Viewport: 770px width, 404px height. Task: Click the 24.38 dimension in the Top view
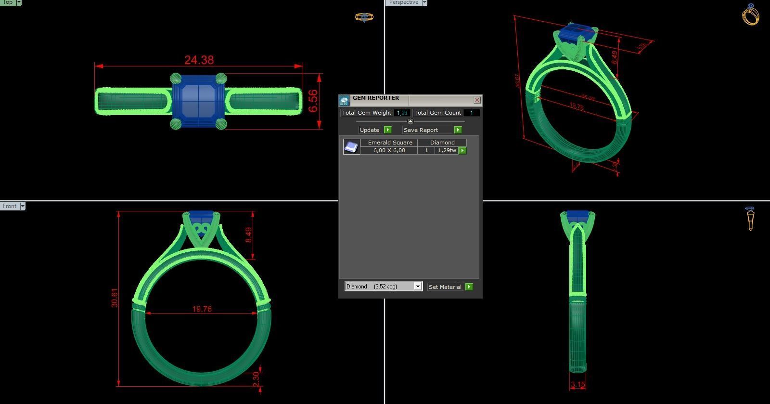point(199,60)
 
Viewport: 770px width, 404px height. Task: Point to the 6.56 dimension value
point(313,101)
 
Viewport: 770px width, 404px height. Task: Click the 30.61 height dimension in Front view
point(114,298)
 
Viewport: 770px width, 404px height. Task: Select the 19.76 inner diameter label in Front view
point(202,309)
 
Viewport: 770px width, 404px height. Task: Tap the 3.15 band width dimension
point(577,385)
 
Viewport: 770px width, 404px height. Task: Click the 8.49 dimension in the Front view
point(248,235)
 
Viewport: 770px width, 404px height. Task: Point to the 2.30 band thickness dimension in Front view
point(256,378)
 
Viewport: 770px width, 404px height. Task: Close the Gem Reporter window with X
point(477,100)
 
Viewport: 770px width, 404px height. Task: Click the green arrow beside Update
point(388,130)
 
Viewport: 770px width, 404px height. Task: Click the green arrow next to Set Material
point(469,287)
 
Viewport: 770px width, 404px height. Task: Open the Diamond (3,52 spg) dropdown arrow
point(418,287)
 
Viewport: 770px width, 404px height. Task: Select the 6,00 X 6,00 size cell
point(389,151)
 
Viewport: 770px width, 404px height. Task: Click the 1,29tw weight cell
point(447,151)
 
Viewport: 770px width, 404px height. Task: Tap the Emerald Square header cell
point(390,143)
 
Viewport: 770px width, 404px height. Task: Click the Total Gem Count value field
point(472,113)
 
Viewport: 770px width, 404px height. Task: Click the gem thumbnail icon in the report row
point(351,146)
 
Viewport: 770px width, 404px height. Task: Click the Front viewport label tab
point(10,206)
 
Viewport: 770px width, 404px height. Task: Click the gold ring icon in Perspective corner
point(750,14)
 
